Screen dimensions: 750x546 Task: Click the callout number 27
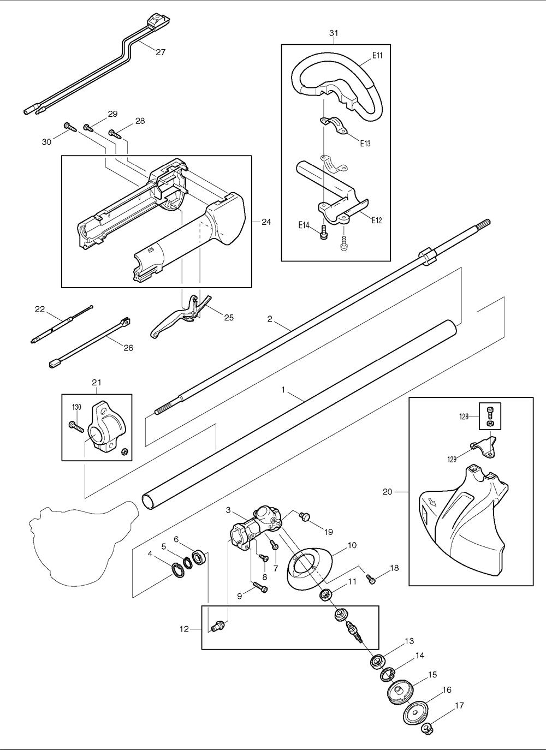click(160, 52)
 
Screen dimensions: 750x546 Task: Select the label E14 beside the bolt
click(304, 224)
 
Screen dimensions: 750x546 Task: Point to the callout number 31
click(334, 33)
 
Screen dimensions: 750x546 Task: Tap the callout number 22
click(39, 309)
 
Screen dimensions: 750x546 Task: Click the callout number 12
click(184, 629)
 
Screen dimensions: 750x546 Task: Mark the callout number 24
click(266, 222)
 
